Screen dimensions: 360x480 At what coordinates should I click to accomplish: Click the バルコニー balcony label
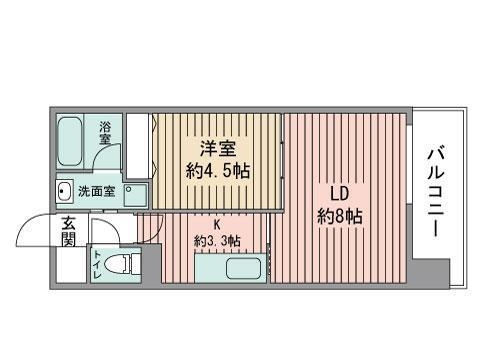437,192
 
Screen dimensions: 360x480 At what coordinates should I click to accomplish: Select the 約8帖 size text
339,216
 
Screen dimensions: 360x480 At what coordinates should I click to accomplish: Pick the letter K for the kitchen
216,225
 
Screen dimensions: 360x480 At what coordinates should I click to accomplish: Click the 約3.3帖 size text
216,241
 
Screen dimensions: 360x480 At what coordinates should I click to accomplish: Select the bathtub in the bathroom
71,141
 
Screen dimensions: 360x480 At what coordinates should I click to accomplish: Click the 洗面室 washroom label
96,190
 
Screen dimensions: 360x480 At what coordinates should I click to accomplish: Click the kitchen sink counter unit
230,269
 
